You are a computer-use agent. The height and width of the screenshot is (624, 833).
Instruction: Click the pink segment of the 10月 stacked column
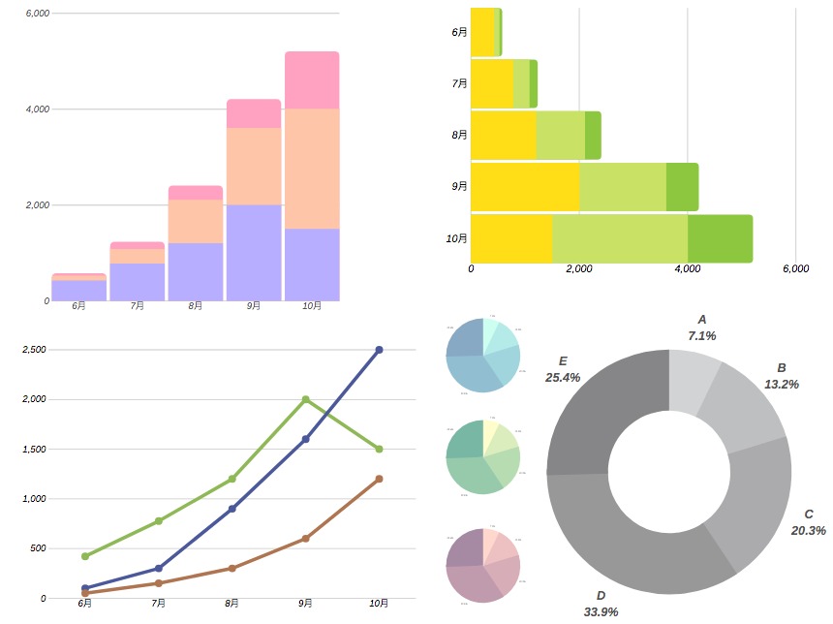click(x=312, y=80)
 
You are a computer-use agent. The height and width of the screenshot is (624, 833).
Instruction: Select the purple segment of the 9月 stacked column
click(x=254, y=252)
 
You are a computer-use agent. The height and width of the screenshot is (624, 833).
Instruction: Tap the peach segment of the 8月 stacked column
click(x=196, y=221)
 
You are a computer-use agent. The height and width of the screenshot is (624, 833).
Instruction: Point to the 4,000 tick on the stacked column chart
click(x=37, y=109)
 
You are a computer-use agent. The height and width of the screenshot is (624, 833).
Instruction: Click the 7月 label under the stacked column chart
click(x=138, y=306)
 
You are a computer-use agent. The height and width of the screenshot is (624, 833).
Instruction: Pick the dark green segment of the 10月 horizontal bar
click(x=720, y=238)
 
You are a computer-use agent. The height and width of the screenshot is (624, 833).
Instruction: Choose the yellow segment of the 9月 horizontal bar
click(x=524, y=187)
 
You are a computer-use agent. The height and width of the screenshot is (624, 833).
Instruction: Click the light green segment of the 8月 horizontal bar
click(x=560, y=135)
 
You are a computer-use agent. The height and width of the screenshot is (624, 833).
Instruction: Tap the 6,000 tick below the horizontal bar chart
click(x=794, y=268)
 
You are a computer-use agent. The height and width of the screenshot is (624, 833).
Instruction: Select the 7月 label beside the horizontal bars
click(x=459, y=84)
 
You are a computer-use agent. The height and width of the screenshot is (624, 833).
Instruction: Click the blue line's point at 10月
click(x=379, y=350)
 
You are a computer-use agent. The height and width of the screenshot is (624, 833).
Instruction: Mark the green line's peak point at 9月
click(x=305, y=399)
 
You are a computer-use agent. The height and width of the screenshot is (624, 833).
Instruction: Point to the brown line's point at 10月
click(x=379, y=479)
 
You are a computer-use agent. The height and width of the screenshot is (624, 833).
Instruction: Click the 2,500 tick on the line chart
click(x=34, y=350)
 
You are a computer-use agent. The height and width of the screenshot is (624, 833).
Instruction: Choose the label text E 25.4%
click(x=563, y=369)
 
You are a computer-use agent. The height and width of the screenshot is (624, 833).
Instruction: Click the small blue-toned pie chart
click(x=482, y=355)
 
